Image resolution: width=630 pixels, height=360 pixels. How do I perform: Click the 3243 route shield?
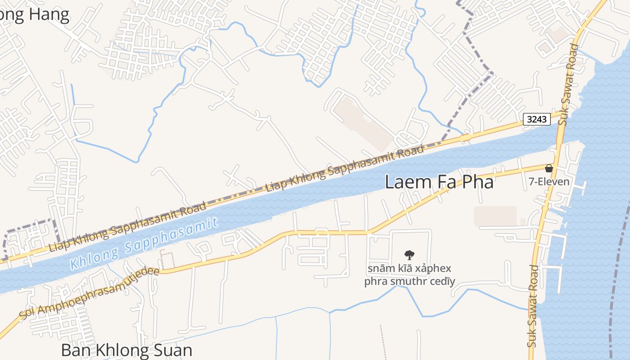coord(537,119)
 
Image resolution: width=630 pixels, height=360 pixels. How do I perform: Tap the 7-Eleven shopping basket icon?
coord(549,168)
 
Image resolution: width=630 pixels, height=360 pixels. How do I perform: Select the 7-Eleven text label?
coord(549,182)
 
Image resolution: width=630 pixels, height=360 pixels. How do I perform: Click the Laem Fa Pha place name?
coord(439,182)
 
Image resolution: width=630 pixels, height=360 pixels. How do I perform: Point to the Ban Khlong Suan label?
coord(126,350)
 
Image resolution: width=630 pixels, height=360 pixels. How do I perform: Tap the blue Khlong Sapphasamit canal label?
coord(144,243)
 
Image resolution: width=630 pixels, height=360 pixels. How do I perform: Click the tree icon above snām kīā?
coord(409,255)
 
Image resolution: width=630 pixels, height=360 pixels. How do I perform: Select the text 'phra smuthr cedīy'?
coord(409,282)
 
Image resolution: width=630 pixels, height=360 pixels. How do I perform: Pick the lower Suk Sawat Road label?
coord(533,306)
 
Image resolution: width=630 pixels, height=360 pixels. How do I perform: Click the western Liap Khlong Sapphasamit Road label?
coord(128,227)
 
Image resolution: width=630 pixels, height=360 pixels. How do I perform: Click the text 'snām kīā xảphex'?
coord(409,269)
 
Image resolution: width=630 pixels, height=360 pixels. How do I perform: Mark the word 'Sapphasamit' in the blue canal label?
coord(175,235)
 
